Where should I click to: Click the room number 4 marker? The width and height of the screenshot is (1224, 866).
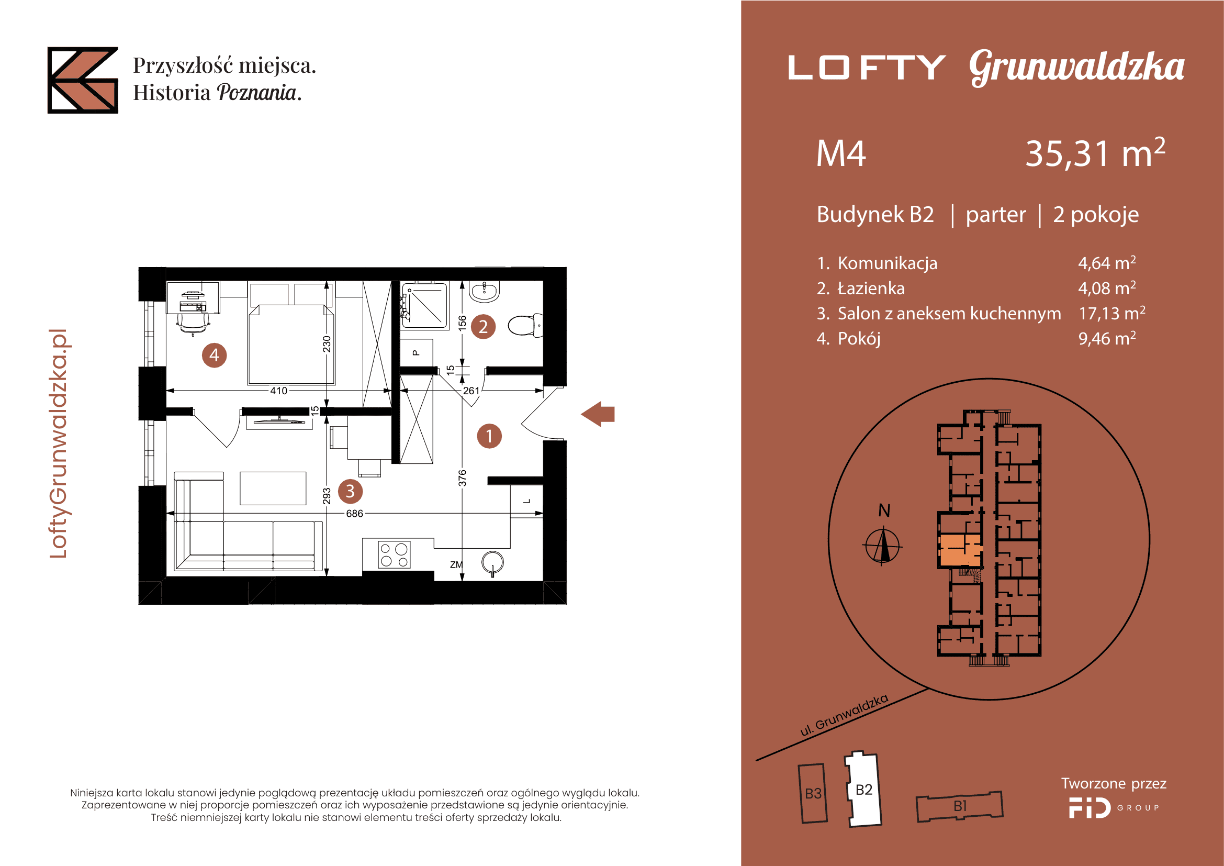pos(215,355)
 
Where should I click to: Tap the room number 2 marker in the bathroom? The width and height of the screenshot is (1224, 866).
pos(483,327)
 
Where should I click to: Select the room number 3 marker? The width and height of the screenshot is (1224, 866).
pos(350,491)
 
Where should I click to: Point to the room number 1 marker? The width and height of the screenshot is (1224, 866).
pos(489,436)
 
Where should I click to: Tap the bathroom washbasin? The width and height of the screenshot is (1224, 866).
pos(484,292)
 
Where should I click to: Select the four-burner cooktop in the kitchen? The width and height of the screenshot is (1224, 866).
pos(394,554)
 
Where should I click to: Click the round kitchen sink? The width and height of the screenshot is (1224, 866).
pos(492,562)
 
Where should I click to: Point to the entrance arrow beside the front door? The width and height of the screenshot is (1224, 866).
pos(598,414)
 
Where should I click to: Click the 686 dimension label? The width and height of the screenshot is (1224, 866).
pos(354,514)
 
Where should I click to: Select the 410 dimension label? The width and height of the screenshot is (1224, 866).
pos(278,391)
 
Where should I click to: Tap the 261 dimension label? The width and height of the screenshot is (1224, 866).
pos(471,391)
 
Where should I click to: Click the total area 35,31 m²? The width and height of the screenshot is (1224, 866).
pos(1095,153)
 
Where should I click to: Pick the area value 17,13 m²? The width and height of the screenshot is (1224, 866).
pos(1111,314)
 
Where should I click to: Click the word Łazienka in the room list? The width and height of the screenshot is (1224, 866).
pos(871,288)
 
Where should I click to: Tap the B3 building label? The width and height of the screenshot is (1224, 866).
pos(813,793)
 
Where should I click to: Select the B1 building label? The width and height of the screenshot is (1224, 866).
pos(960,806)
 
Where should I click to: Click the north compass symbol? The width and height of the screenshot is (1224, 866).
pos(882,546)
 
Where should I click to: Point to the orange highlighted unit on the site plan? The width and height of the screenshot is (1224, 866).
pos(960,550)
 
